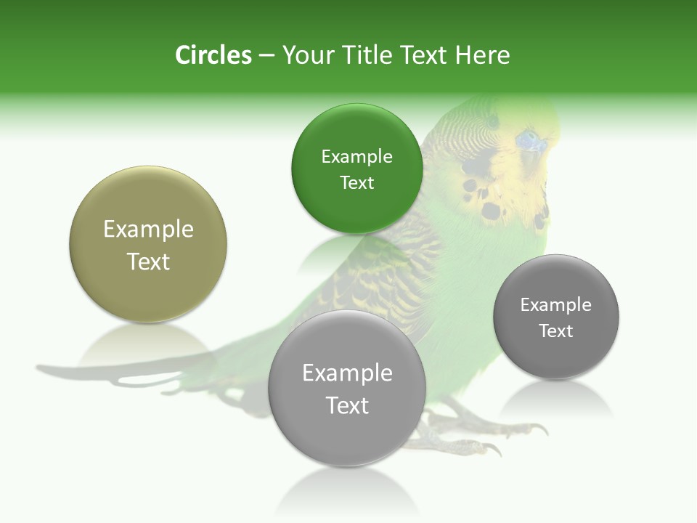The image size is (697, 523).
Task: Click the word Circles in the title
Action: (213, 55)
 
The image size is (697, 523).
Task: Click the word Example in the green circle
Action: (356, 156)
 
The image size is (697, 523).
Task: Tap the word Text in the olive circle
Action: (148, 261)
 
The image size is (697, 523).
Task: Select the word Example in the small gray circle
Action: (556, 304)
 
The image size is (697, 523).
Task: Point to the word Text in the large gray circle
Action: (347, 405)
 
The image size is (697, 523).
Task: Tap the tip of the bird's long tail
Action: (44, 368)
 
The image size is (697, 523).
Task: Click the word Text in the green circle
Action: (356, 182)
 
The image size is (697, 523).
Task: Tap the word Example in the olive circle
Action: (148, 229)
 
